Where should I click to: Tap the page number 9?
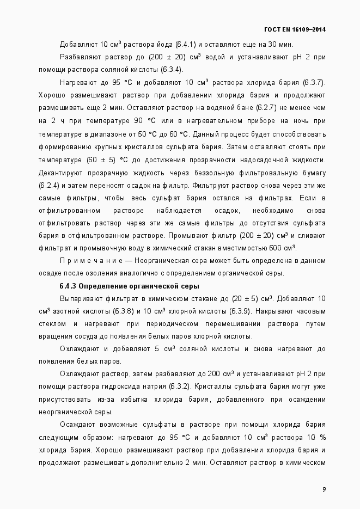pos(324,489)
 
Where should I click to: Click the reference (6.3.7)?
pos(313,82)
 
